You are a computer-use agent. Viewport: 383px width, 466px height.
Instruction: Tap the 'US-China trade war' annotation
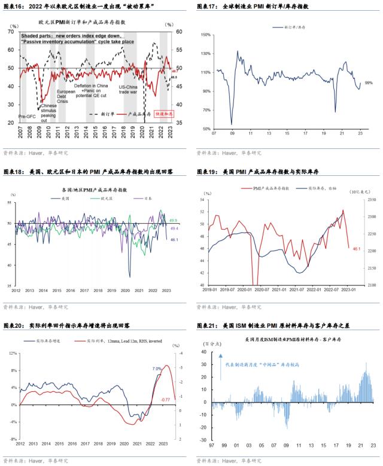pyautogui.click(x=129, y=89)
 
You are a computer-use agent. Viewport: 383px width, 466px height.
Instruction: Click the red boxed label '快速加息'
pyautogui.click(x=163, y=113)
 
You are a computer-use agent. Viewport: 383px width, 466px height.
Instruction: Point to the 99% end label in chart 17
pyautogui.click(x=369, y=83)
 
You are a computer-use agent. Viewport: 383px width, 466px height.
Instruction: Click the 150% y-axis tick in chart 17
pyautogui.click(x=205, y=35)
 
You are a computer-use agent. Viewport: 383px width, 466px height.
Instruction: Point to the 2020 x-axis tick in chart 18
pyautogui.click(x=126, y=290)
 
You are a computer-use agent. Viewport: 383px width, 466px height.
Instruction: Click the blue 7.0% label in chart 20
pyautogui.click(x=157, y=368)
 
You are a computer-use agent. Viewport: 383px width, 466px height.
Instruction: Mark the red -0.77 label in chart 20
pyautogui.click(x=166, y=399)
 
